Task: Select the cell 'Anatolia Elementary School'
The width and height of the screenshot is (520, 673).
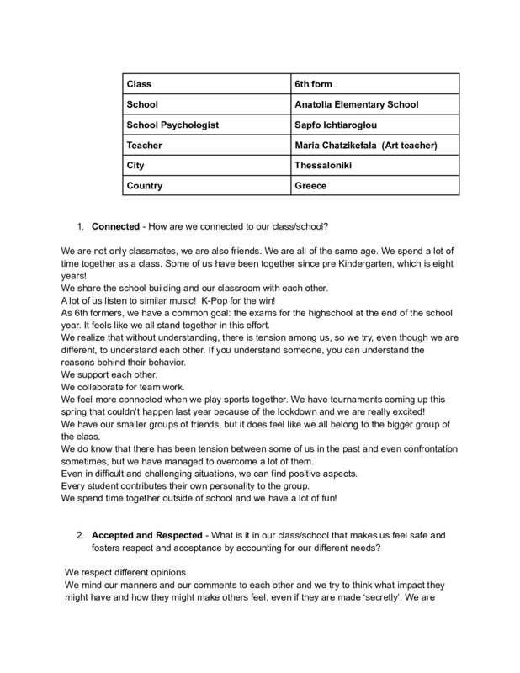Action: tap(354, 105)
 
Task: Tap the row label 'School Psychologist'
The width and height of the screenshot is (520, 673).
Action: tap(172, 125)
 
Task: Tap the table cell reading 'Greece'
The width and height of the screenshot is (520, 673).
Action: tap(309, 186)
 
